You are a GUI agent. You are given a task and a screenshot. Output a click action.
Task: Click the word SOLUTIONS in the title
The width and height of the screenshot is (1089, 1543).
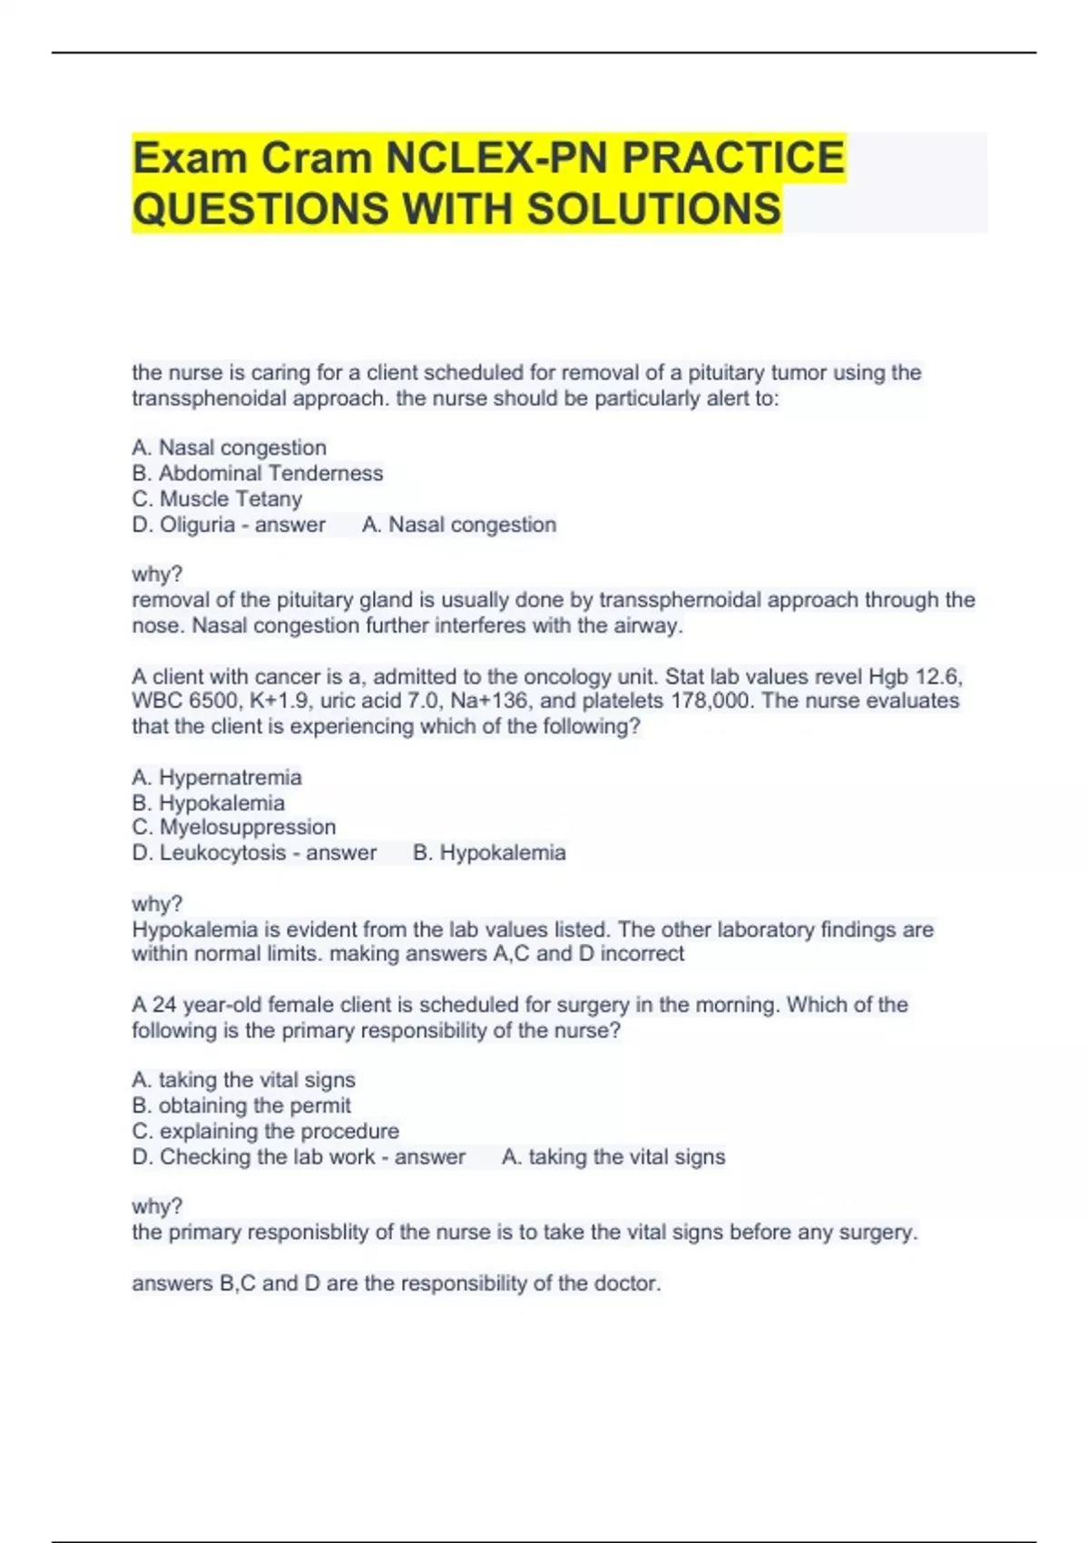point(653,209)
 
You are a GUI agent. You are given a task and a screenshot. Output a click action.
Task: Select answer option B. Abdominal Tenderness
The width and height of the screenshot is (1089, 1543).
point(258,473)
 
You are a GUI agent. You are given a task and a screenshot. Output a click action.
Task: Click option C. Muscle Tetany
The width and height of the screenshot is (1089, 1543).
point(217,498)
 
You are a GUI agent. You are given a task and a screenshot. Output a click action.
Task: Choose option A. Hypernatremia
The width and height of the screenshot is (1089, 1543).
point(217,777)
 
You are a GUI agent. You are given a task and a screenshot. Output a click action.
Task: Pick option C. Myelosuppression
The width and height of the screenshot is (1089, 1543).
point(233,827)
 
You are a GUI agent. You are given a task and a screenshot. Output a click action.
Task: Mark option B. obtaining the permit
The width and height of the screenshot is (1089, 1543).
point(241,1106)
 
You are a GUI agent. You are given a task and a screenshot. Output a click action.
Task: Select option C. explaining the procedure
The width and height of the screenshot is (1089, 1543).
point(265,1131)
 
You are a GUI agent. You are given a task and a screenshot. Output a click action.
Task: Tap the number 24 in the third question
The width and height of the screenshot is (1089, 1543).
point(164,1005)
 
